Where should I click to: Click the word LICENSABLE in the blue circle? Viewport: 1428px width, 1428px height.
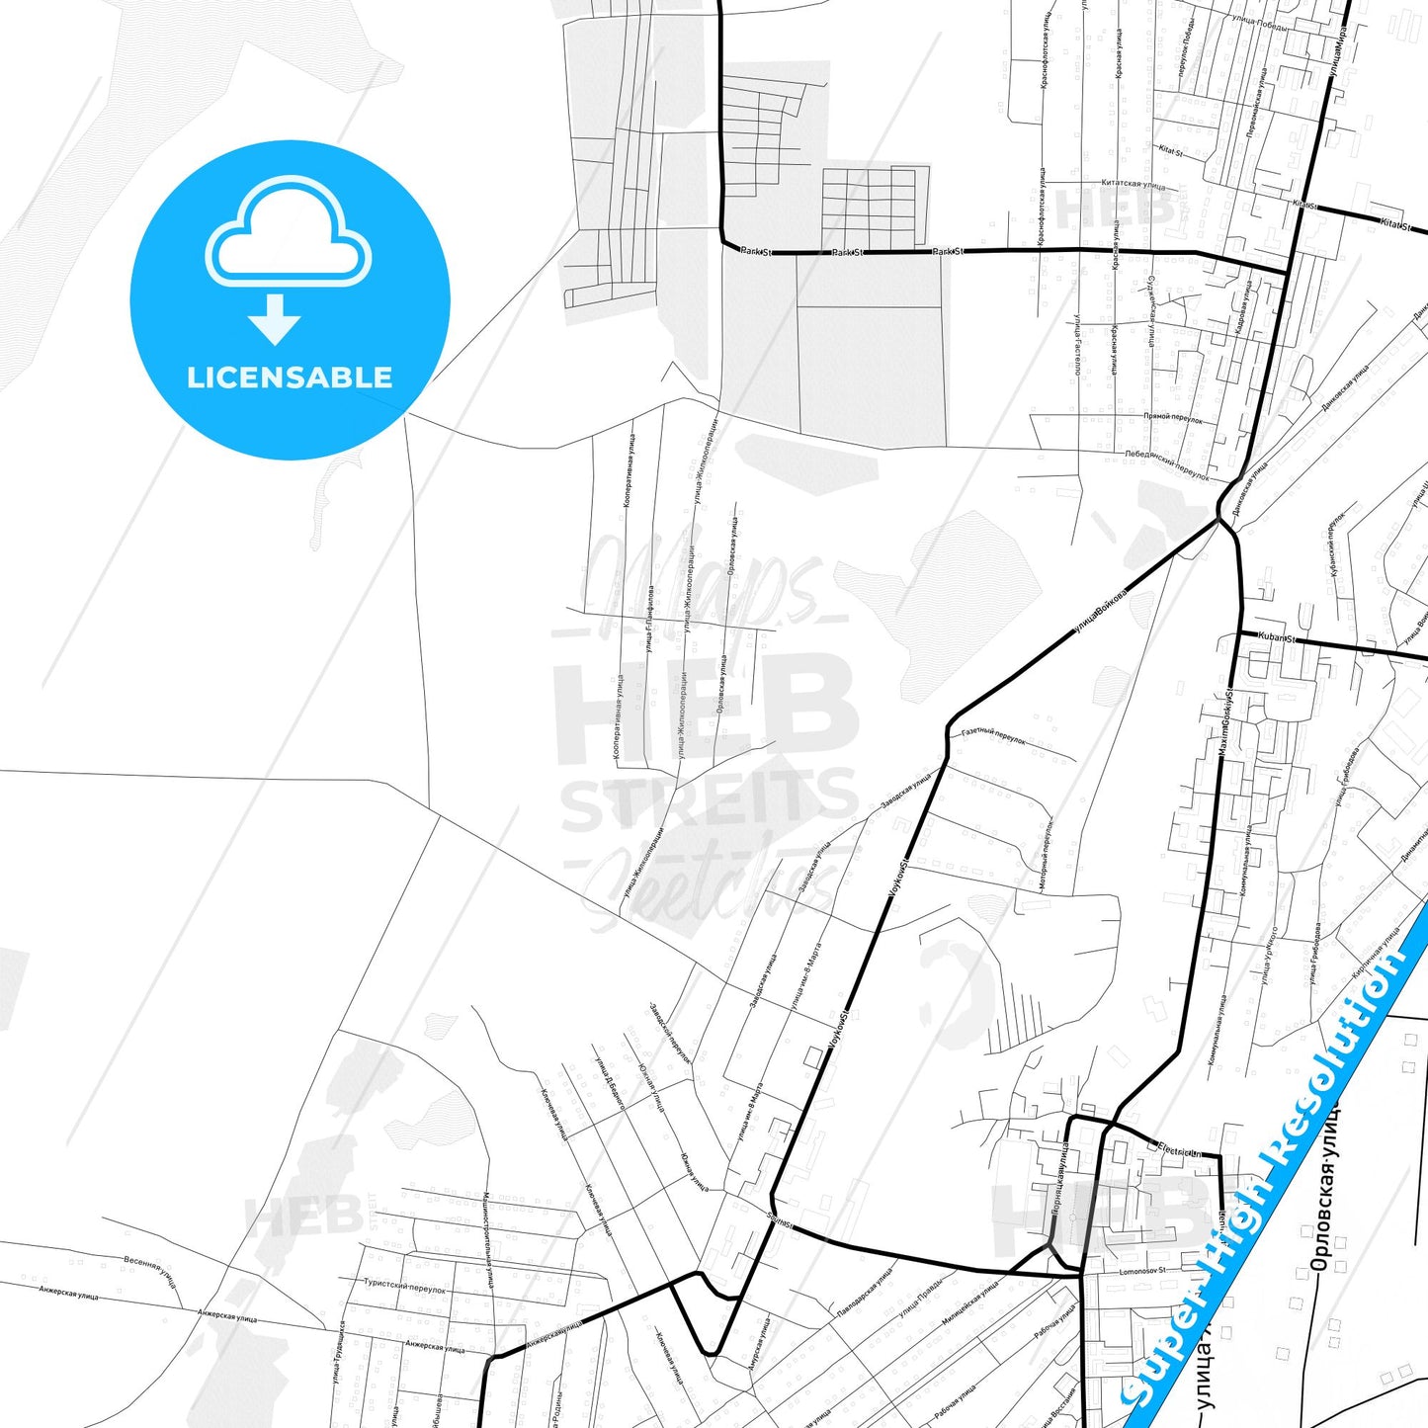click(290, 378)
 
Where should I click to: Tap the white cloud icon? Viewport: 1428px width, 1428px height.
click(288, 233)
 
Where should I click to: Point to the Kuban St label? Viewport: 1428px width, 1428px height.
click(1276, 638)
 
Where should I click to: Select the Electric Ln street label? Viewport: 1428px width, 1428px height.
click(1179, 1151)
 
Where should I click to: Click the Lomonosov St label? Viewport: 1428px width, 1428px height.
click(1142, 1271)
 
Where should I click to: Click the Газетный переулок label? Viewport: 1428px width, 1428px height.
click(993, 736)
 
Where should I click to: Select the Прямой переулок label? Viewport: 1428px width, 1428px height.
click(1173, 418)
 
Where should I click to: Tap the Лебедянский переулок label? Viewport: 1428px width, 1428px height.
click(1166, 465)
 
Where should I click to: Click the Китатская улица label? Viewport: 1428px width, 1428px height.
click(1133, 184)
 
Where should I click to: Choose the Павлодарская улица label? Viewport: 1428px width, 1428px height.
click(865, 1294)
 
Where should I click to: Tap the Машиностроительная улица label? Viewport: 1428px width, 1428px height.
click(487, 1240)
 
